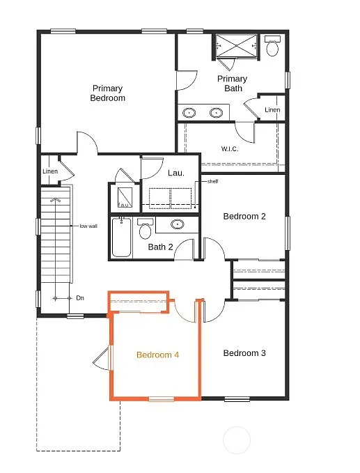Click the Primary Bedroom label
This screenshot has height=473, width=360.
click(108, 93)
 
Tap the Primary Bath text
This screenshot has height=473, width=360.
click(232, 84)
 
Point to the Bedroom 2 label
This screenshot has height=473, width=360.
click(244, 216)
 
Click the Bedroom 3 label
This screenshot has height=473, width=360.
click(244, 353)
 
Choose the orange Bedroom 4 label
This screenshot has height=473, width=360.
click(157, 355)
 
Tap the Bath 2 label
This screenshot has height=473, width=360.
click(160, 247)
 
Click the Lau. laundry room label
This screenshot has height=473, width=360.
click(176, 173)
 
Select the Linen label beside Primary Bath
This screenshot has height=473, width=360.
click(272, 110)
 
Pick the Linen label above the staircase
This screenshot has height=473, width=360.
click(50, 171)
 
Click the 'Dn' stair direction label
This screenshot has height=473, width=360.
click(80, 298)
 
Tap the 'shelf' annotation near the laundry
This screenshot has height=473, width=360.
click(212, 182)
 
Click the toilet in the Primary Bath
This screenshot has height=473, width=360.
click(272, 47)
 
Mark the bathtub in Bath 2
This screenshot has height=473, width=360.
click(122, 237)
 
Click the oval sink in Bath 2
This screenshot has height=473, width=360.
click(178, 224)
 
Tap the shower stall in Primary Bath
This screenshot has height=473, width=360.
click(237, 46)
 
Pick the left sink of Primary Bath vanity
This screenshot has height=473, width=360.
click(189, 112)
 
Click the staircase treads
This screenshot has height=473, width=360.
click(56, 237)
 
